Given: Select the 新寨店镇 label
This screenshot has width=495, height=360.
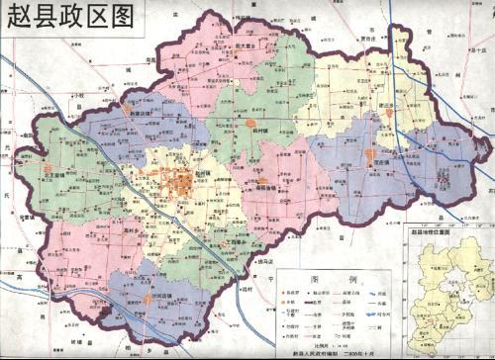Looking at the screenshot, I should [146, 113].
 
